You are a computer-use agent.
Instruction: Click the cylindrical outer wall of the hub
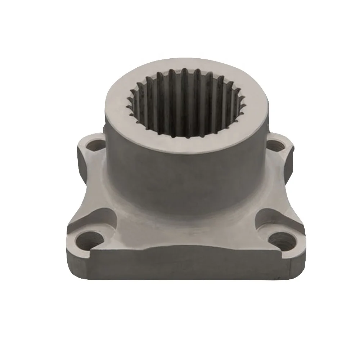click(187, 180)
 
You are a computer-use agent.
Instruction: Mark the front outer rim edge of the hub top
click(187, 151)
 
